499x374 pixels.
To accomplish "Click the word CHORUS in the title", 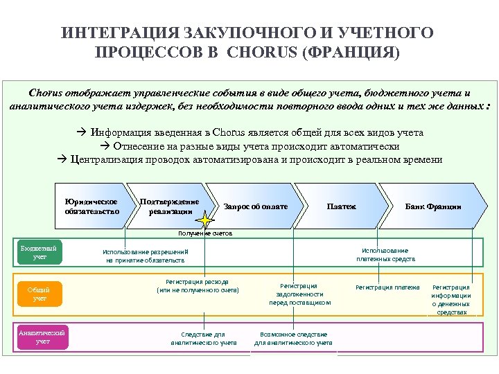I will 263,53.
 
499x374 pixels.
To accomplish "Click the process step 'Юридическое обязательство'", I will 92,206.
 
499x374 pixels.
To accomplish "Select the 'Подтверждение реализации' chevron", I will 170,206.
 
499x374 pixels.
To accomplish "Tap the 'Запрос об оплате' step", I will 255,206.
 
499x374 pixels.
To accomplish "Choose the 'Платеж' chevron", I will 341,206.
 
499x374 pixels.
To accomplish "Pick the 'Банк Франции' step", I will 433,206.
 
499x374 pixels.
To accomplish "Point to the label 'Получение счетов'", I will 206,233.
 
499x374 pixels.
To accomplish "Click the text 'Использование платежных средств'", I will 386,254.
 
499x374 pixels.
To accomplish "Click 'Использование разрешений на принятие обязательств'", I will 145,256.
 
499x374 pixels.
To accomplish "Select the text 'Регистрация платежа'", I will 387,287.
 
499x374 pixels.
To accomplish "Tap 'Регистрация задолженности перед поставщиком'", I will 299,294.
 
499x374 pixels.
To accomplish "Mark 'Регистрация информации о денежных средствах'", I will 451,299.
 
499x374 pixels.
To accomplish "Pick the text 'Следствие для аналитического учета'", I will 203,338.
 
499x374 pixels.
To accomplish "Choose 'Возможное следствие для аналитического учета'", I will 293,338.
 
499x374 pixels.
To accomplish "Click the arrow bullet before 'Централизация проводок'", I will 62,159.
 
